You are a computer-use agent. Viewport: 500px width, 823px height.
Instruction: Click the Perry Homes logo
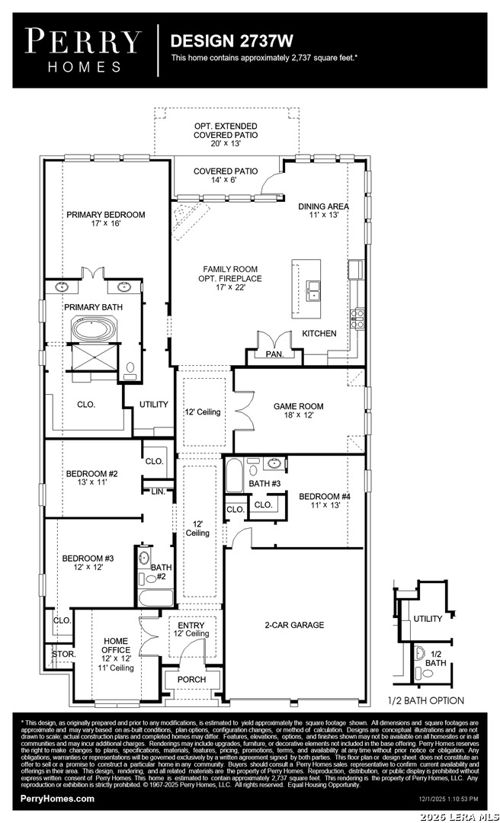tap(83, 50)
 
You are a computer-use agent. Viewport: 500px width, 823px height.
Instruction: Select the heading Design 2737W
tap(232, 41)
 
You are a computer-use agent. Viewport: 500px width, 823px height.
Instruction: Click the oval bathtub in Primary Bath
tap(95, 330)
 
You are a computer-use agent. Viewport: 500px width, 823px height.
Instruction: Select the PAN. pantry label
tap(274, 354)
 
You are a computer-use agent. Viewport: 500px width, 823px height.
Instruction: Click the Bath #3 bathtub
tap(235, 476)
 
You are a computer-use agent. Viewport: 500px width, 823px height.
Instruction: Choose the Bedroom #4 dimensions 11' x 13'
tap(325, 505)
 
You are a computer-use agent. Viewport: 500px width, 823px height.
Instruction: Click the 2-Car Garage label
tap(294, 625)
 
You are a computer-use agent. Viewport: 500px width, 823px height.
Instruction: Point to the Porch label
tap(192, 680)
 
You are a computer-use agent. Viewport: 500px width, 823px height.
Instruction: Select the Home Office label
tap(116, 645)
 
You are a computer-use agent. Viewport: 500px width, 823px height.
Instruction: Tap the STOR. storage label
tap(64, 655)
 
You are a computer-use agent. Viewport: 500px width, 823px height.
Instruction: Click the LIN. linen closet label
tap(158, 492)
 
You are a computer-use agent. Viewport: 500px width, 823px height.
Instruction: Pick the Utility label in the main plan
tap(154, 404)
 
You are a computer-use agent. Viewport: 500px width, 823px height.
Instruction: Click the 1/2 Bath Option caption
tap(426, 701)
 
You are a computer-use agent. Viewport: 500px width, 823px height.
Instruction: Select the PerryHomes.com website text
tap(57, 799)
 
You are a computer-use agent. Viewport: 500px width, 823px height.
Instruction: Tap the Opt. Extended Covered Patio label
tap(226, 135)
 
